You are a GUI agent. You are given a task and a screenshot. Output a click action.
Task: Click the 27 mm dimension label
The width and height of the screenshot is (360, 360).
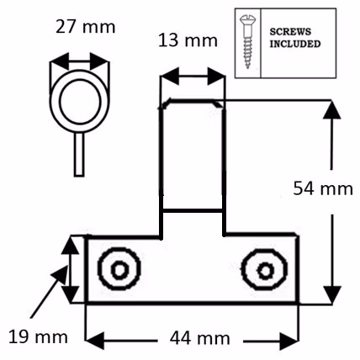point(86,27)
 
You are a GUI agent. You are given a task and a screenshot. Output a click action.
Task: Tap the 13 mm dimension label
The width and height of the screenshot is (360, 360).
point(188,40)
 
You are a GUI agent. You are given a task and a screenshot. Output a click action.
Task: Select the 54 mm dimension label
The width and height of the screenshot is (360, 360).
point(323,188)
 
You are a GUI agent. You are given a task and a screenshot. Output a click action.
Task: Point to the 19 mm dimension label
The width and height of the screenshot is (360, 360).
point(38,336)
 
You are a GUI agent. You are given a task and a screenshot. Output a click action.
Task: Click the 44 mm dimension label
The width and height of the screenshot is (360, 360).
point(200,338)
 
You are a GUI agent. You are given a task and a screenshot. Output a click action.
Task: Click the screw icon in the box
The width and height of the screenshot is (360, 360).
point(247,42)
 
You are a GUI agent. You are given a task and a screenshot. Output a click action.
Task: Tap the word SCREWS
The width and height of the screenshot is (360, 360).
point(290,32)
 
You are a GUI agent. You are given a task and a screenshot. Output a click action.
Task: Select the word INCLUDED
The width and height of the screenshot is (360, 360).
point(295,44)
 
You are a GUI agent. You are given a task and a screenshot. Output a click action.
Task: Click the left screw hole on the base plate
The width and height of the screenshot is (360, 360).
point(119,269)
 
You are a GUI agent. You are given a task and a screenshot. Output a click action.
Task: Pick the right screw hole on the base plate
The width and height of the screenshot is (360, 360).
point(264,270)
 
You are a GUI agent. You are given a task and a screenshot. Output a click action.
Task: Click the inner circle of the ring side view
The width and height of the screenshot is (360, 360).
point(80,102)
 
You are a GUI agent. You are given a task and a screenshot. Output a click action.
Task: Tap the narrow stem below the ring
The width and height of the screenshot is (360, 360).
point(79,154)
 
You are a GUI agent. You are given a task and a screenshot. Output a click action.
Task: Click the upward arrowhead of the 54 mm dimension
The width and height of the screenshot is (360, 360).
point(332,109)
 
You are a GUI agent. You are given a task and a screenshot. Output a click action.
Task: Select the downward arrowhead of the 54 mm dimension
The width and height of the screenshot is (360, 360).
point(332,295)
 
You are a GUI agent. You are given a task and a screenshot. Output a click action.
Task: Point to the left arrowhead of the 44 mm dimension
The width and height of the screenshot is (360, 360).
point(95,341)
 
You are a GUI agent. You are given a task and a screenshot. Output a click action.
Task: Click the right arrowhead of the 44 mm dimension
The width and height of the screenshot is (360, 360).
point(289,341)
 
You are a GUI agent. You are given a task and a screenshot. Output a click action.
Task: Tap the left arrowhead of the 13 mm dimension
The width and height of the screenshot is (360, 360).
point(170,76)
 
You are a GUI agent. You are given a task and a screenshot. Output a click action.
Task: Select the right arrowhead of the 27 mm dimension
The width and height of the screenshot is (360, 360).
point(99,61)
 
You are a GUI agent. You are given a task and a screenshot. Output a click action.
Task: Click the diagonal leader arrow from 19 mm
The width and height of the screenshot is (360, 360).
point(49,292)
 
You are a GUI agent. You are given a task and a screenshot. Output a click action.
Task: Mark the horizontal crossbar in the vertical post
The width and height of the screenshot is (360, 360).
point(193,210)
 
